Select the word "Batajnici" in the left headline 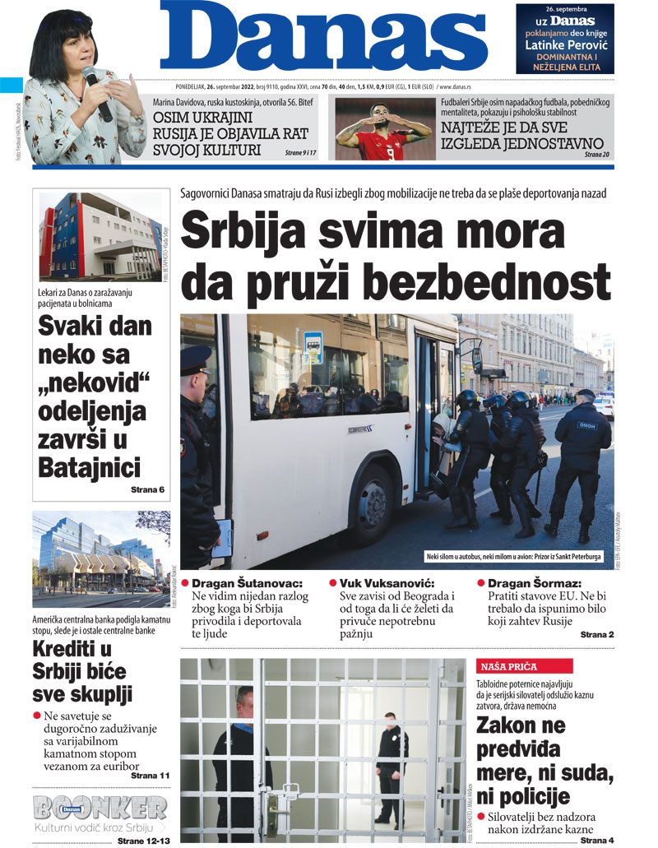point(89,467)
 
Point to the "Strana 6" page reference point(147,490)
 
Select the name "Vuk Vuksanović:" point(392,582)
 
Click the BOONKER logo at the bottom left point(100,808)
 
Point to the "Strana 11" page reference point(150,775)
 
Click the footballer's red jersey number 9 point(382,150)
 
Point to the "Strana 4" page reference point(597,840)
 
